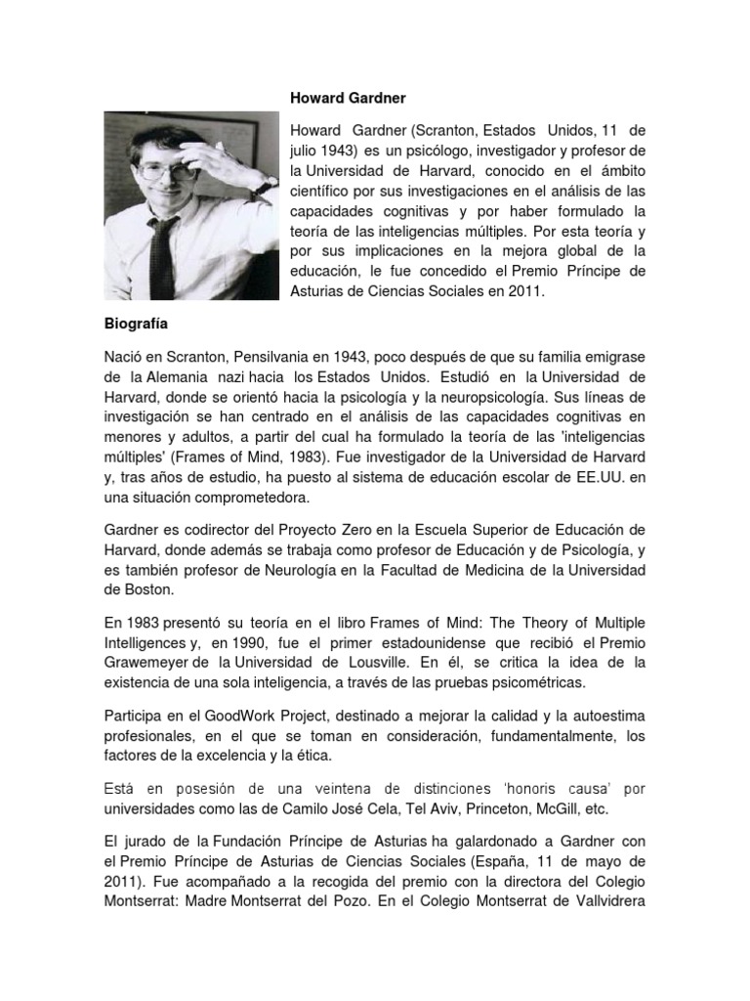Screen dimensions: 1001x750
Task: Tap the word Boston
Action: coord(148,591)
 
